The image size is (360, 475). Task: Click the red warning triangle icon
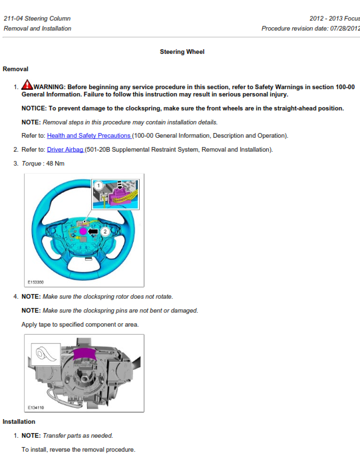pyautogui.click(x=27, y=85)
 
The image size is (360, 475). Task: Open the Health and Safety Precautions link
pyautogui.click(x=89, y=136)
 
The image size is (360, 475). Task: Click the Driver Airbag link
pyautogui.click(x=65, y=150)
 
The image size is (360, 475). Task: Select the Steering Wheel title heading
pyautogui.click(x=182, y=52)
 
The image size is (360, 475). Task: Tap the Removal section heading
pyautogui.click(x=15, y=69)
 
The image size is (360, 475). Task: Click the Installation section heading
pyautogui.click(x=19, y=422)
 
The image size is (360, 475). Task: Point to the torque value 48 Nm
pyautogui.click(x=55, y=164)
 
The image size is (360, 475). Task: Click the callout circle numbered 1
pyautogui.click(x=98, y=186)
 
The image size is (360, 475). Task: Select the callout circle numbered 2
pyautogui.click(x=105, y=232)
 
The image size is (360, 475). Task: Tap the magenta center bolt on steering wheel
pyautogui.click(x=83, y=232)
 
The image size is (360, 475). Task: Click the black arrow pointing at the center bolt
pyautogui.click(x=93, y=232)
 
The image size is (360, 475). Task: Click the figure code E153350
pyautogui.click(x=36, y=282)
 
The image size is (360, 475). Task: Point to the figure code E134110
pyautogui.click(x=36, y=408)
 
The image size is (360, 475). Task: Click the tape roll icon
pyautogui.click(x=46, y=354)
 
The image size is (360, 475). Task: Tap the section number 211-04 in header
pyautogui.click(x=13, y=19)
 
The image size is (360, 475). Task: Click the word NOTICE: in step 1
pyautogui.click(x=34, y=108)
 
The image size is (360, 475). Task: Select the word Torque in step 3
pyautogui.click(x=31, y=164)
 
